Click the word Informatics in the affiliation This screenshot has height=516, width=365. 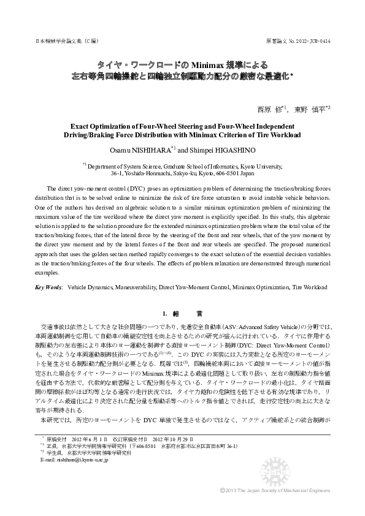215,165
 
